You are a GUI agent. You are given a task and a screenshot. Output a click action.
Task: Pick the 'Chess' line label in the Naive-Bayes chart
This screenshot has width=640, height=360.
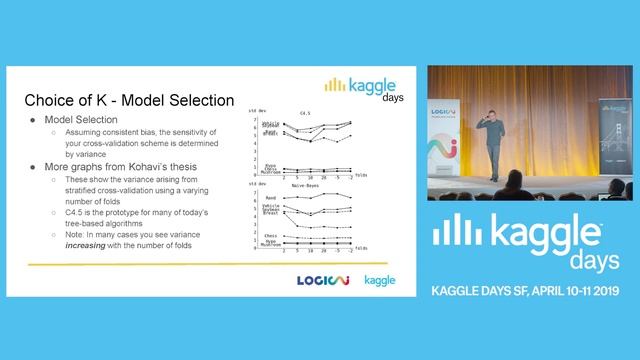coord(270,236)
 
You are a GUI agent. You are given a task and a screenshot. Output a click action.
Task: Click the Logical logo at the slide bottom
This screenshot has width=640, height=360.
coord(323,279)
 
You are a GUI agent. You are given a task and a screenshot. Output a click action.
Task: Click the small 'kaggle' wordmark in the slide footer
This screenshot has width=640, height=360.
coord(380,279)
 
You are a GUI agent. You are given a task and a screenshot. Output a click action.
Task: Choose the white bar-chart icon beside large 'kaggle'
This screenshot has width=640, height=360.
coord(450,232)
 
